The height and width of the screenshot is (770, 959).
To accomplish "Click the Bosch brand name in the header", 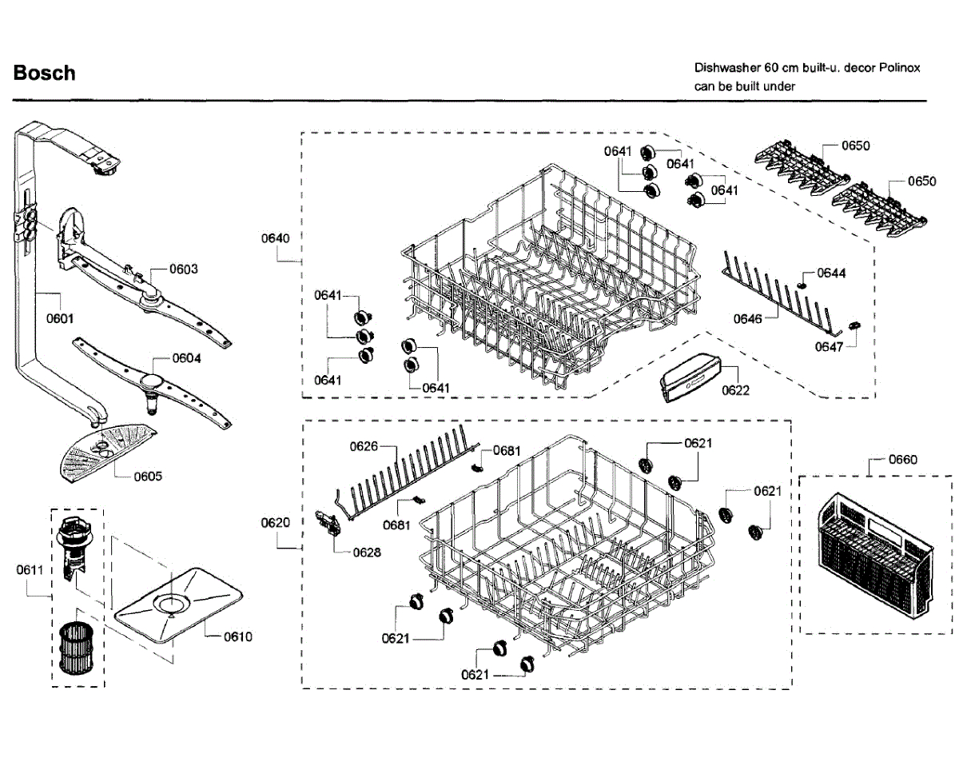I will click(44, 73).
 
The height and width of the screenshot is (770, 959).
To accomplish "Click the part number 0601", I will click(60, 318).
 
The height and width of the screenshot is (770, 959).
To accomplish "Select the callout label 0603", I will click(184, 269).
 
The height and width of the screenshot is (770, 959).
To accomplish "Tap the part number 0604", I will click(186, 358).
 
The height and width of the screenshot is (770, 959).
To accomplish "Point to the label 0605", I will click(148, 477).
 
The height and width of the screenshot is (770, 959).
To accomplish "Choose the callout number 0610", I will click(237, 636).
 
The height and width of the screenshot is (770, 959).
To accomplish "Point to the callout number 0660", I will click(903, 460).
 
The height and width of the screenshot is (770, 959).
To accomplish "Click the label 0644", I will click(831, 273).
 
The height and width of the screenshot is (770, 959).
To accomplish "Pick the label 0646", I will click(748, 319).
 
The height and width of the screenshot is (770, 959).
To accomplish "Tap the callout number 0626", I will click(364, 446).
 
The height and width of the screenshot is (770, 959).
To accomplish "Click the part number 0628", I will click(367, 553).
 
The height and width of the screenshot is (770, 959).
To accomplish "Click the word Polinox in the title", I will click(900, 68).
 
